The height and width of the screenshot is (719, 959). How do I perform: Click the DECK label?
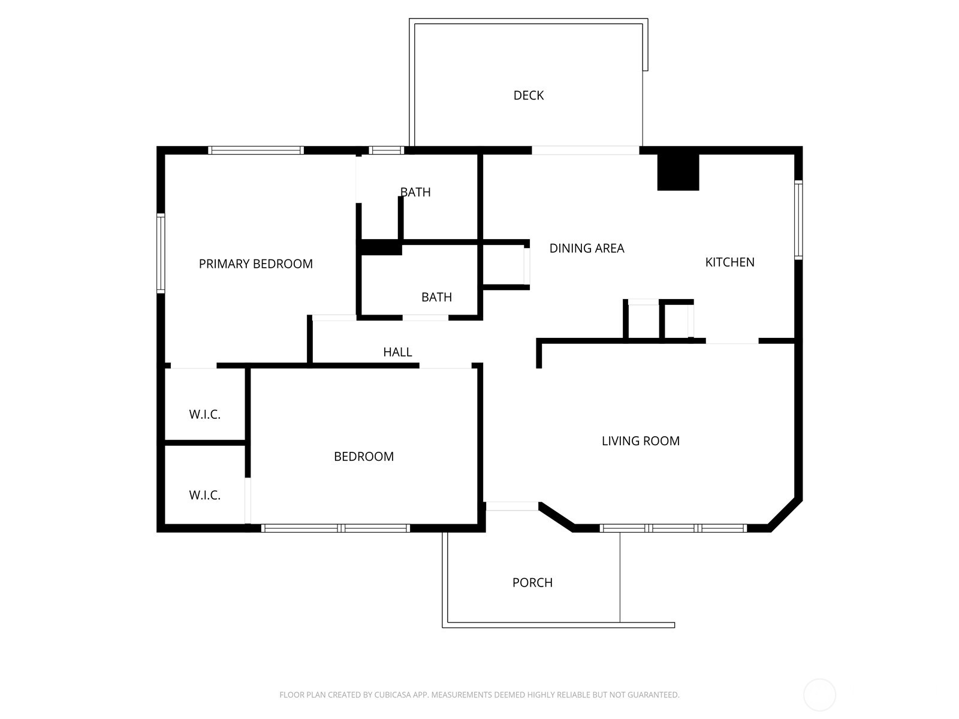[528, 95]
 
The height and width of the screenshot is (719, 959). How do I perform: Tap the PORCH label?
[532, 582]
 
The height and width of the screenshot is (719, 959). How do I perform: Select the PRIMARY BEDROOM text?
[256, 264]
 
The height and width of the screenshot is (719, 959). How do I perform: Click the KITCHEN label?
[729, 262]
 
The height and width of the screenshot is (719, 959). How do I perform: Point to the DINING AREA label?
[587, 248]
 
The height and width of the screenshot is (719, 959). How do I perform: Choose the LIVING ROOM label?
[640, 441]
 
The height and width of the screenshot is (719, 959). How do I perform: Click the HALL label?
[397, 352]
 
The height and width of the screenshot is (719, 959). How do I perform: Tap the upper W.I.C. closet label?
[205, 415]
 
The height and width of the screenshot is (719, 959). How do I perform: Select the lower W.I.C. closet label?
[205, 496]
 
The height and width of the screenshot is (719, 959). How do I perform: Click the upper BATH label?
[415, 192]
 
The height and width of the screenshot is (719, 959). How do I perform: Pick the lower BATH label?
[436, 297]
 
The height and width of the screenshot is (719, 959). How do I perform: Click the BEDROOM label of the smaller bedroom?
[364, 457]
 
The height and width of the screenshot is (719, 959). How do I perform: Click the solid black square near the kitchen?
[678, 172]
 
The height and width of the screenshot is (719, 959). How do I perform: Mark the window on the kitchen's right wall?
[798, 220]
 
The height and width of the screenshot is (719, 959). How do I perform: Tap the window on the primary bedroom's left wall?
[161, 253]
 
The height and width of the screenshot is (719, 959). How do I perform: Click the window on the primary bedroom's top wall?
[256, 150]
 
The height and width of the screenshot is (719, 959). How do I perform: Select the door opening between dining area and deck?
[586, 150]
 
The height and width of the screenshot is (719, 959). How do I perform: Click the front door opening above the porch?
[511, 507]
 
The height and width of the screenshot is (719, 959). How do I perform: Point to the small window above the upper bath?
[386, 150]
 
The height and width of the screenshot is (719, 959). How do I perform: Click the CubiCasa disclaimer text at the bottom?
[479, 695]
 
